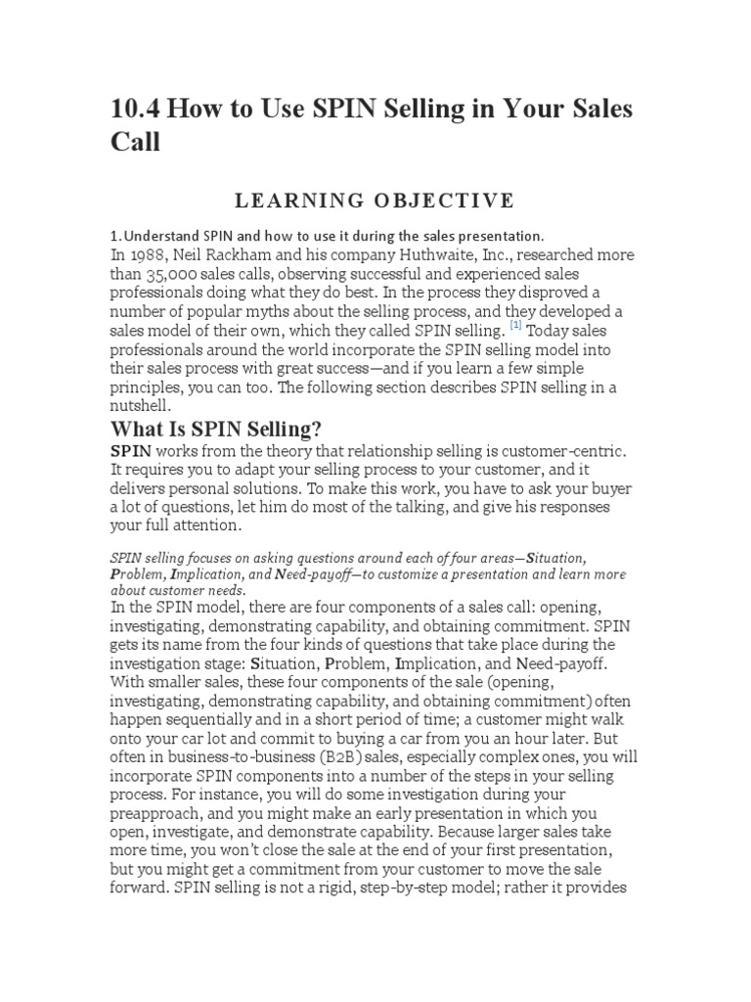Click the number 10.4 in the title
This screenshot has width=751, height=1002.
[x=137, y=109]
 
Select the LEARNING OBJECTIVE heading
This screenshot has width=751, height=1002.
[x=375, y=201]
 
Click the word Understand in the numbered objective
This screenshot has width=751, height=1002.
[x=161, y=236]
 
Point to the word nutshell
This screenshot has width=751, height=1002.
[x=141, y=405]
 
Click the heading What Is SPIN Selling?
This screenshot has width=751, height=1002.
[x=216, y=430]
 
